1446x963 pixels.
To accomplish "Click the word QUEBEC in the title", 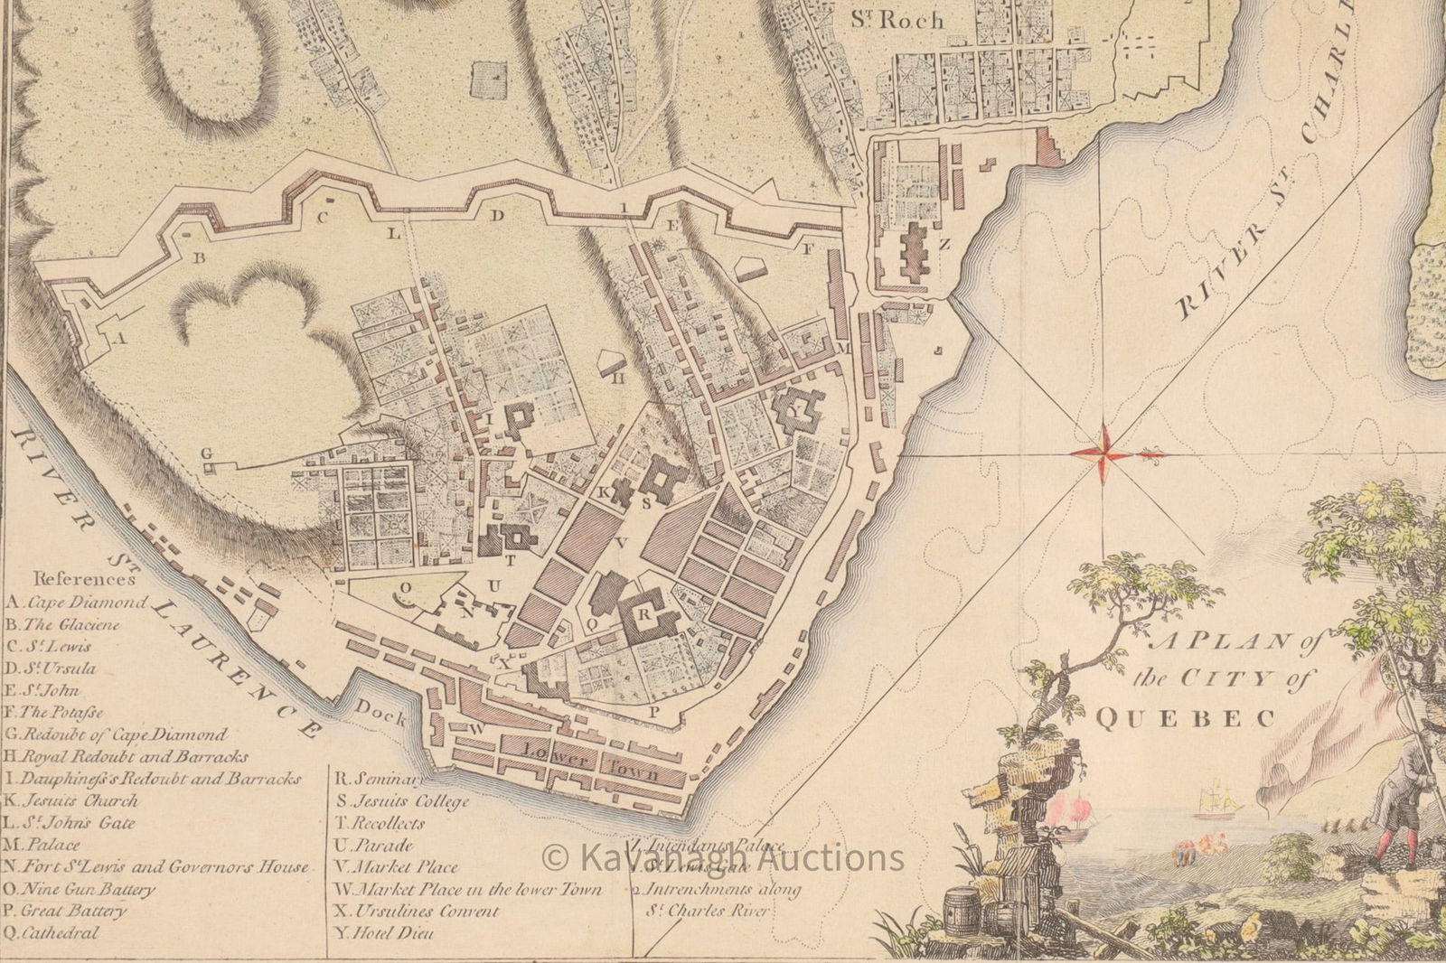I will click(1185, 718).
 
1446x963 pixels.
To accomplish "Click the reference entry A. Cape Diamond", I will click(77, 603).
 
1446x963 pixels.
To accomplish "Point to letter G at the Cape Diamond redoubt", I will click(205, 453).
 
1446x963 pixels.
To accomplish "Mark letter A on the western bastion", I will click(117, 337).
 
